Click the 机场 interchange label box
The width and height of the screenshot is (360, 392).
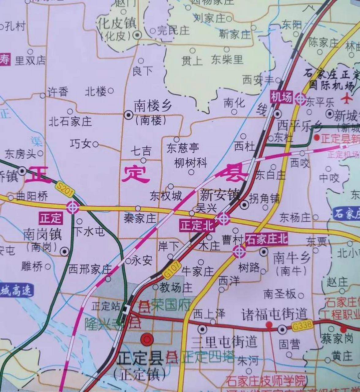coord(281,97)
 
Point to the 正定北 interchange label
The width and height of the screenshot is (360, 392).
coord(198,226)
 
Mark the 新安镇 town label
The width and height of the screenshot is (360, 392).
coord(220,195)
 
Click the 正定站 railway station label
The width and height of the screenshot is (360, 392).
coord(105,306)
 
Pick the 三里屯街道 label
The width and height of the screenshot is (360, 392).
coord(224,342)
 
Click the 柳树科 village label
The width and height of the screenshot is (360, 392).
coord(190,163)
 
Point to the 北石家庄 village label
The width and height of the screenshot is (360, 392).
coord(70,122)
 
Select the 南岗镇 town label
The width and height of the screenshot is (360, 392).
coord(43,235)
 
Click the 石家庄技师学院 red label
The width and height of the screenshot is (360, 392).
coord(265,381)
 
